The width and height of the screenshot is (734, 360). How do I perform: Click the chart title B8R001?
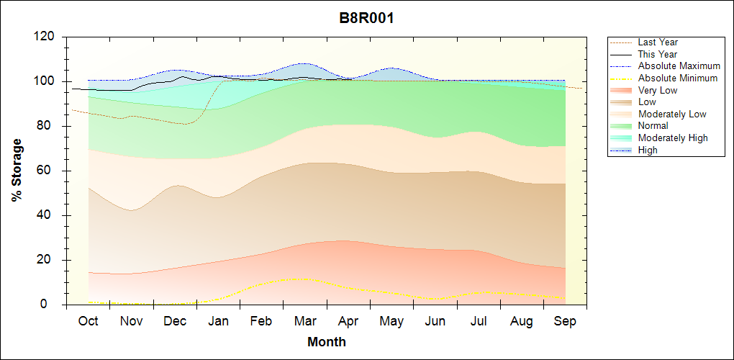click(x=366, y=18)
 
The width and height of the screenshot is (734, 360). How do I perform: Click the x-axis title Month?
click(x=326, y=342)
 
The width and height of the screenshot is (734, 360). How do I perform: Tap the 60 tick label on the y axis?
click(x=48, y=171)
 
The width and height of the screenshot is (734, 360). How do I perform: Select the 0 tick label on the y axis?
click(x=53, y=305)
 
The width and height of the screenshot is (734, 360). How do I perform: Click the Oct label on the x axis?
click(x=89, y=321)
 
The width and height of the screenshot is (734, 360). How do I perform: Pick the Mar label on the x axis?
click(x=304, y=321)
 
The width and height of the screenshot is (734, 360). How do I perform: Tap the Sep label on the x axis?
click(x=565, y=321)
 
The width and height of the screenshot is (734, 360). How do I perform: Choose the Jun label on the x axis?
click(x=435, y=321)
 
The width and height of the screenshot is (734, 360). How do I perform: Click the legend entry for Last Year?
click(x=657, y=42)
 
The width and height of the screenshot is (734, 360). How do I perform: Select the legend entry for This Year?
click(x=657, y=54)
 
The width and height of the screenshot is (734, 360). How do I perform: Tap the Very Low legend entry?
click(x=657, y=90)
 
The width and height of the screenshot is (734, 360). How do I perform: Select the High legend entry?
click(x=648, y=150)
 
